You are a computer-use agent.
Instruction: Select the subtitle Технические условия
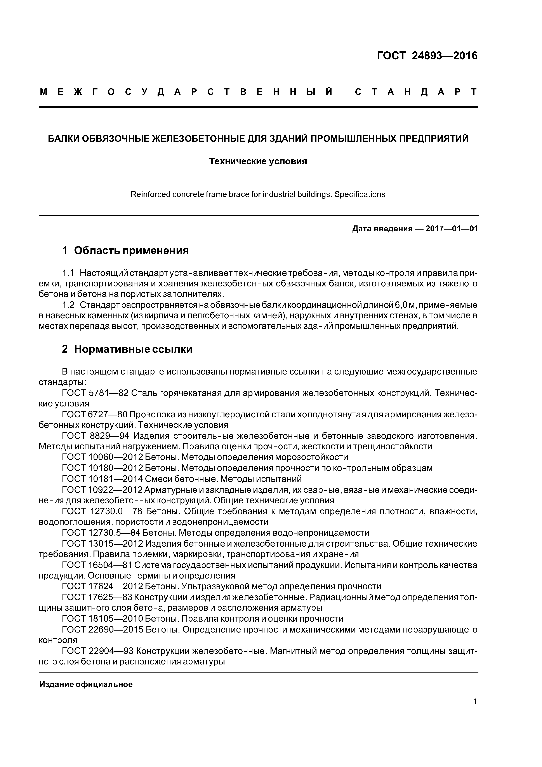(x=258, y=161)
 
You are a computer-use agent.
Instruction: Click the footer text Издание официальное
(x=86, y=684)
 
